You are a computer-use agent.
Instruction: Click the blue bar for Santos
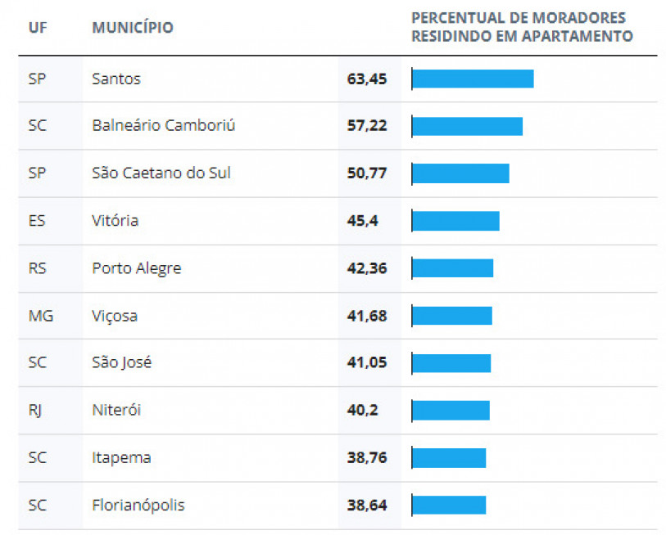(473, 79)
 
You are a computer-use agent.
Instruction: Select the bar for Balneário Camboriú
(467, 126)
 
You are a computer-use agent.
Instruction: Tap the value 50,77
(367, 173)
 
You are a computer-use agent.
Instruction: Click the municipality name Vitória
(116, 221)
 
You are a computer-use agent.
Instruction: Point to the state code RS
(38, 268)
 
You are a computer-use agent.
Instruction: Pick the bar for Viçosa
(451, 316)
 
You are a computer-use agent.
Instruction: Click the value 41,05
(367, 363)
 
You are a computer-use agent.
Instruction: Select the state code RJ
(35, 411)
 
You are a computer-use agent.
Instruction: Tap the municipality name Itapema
(121, 458)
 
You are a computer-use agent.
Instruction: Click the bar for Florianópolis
(449, 506)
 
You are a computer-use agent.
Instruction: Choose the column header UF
(37, 28)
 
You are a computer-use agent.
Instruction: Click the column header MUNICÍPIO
(133, 28)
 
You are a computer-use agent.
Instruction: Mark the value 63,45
(367, 79)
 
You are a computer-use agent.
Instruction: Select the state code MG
(40, 316)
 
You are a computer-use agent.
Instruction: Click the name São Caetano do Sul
(161, 173)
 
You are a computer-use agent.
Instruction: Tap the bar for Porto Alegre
(452, 268)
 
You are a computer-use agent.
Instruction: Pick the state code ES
(37, 221)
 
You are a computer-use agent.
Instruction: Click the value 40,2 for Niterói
(363, 411)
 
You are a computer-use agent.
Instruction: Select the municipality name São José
(122, 363)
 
